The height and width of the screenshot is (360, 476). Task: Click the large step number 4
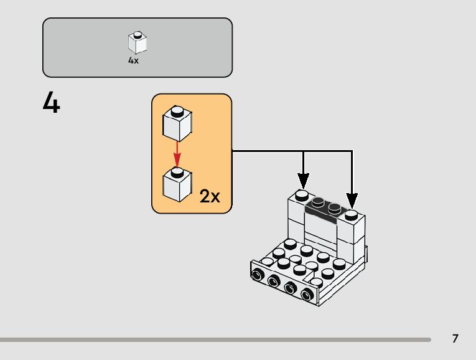tap(51, 102)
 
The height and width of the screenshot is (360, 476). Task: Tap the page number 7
tap(455, 338)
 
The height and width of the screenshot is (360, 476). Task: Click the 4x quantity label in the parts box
tap(133, 60)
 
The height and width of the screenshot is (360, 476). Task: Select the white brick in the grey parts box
tap(138, 42)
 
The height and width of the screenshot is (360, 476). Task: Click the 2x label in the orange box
tap(210, 196)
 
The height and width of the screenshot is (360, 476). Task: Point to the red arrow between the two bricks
tap(177, 154)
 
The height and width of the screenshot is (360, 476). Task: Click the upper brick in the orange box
tap(177, 123)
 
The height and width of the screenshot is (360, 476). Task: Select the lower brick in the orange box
tap(177, 184)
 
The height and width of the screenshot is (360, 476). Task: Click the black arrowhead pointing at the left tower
tap(303, 181)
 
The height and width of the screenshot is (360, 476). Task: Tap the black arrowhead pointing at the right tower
tap(352, 201)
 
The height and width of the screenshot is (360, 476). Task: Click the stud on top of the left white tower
tap(301, 196)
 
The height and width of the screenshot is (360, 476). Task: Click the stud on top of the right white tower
tap(351, 215)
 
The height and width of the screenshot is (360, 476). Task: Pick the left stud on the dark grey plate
tap(318, 201)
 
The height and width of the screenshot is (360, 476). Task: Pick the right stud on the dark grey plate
tap(335, 207)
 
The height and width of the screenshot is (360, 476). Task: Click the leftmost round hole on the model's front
tap(258, 275)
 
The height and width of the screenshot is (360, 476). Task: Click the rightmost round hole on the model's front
tap(307, 294)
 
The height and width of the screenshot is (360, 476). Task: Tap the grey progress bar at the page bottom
tap(215, 339)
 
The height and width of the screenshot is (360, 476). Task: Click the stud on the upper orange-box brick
tap(177, 111)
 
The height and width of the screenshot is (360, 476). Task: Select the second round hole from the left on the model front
tap(274, 281)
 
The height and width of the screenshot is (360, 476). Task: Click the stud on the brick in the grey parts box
tap(138, 34)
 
